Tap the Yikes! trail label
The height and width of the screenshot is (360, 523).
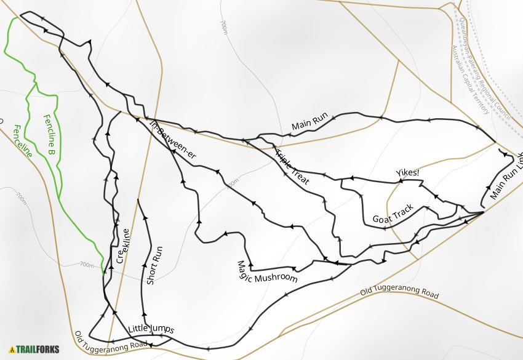point(407,173)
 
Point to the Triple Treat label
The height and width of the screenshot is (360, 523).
point(292,167)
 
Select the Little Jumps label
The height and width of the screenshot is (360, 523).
point(151,329)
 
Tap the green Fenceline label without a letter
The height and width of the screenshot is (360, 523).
point(22,141)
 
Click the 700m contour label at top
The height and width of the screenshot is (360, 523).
point(224,28)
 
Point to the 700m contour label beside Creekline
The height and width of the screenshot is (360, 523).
point(87,265)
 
